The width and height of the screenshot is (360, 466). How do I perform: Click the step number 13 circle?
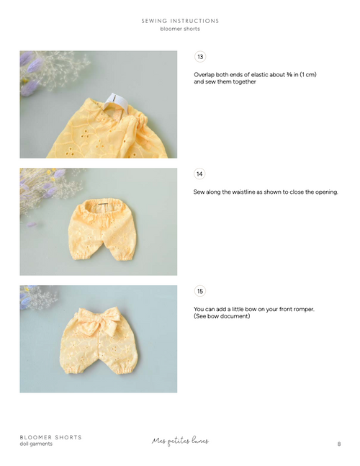tap(200, 57)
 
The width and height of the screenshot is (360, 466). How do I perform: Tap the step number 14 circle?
tap(200, 174)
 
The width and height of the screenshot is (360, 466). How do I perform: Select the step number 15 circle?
tap(200, 291)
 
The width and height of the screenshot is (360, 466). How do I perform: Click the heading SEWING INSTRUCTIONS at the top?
tap(180, 21)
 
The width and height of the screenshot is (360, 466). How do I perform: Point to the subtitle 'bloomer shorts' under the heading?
tap(180, 29)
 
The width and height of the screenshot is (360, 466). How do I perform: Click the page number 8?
tap(338, 444)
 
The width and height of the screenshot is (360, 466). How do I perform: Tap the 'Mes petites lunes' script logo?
tap(180, 440)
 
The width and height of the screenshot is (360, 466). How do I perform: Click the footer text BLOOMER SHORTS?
tap(50, 437)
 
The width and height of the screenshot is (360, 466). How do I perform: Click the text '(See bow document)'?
tap(222, 316)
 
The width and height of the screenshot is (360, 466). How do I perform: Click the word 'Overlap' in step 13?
tap(205, 75)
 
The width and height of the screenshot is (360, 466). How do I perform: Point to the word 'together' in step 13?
tap(244, 81)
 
